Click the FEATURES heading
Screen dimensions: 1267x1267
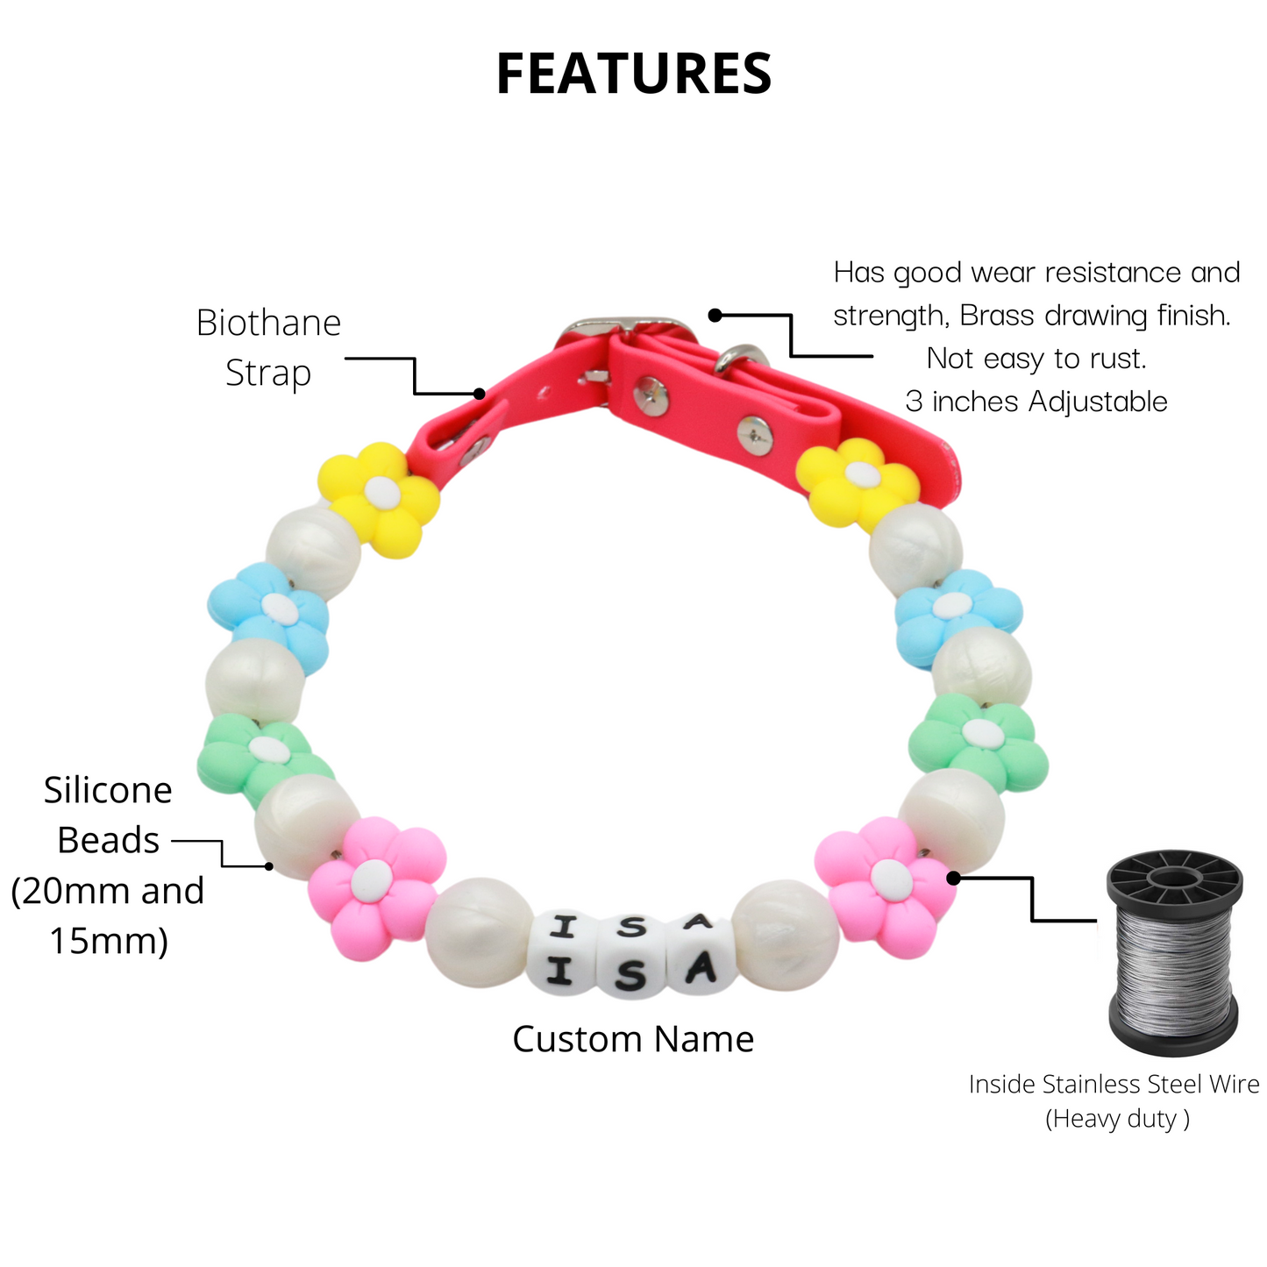pyautogui.click(x=633, y=74)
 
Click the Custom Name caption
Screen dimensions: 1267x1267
pyautogui.click(x=633, y=1039)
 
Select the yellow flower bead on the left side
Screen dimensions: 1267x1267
pyautogui.click(x=379, y=498)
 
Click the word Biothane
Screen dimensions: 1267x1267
pyautogui.click(x=268, y=324)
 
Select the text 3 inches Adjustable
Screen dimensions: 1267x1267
pyautogui.click(x=1036, y=402)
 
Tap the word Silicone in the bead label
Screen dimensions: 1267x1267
pyautogui.click(x=108, y=791)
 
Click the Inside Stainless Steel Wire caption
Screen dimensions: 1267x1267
pyautogui.click(x=1114, y=1085)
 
